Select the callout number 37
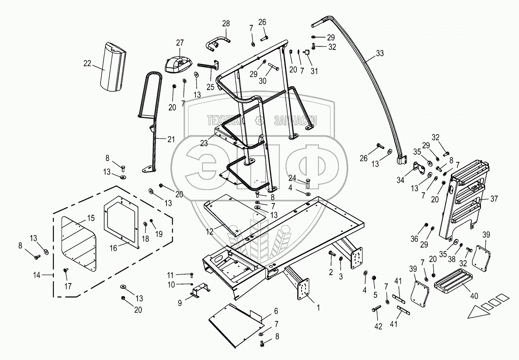pyautogui.click(x=494, y=199)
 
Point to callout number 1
pyautogui.click(x=318, y=308)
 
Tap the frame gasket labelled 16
pyautogui.click(x=121, y=223)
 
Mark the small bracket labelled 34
pyautogui.click(x=419, y=169)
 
